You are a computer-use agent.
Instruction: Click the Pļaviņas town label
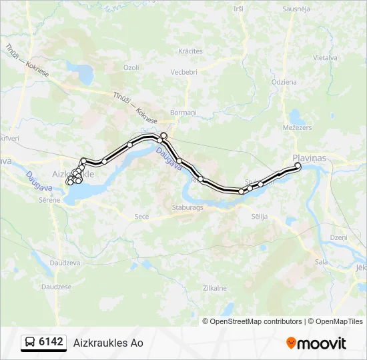(309, 158)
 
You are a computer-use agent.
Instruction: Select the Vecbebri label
(183, 72)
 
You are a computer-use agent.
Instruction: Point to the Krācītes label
(190, 51)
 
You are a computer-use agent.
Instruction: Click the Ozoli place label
(131, 67)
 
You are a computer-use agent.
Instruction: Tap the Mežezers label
(297, 127)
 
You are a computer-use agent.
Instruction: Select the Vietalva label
(325, 58)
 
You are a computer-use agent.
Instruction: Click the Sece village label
(141, 217)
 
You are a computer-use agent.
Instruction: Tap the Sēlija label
(260, 217)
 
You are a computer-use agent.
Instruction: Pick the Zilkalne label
(214, 288)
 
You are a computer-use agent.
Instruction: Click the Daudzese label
(56, 287)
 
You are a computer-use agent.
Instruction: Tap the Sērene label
(49, 200)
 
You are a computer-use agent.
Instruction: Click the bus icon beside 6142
(29, 343)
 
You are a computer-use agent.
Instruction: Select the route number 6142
(51, 343)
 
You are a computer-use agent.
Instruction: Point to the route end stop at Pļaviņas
(298, 165)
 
